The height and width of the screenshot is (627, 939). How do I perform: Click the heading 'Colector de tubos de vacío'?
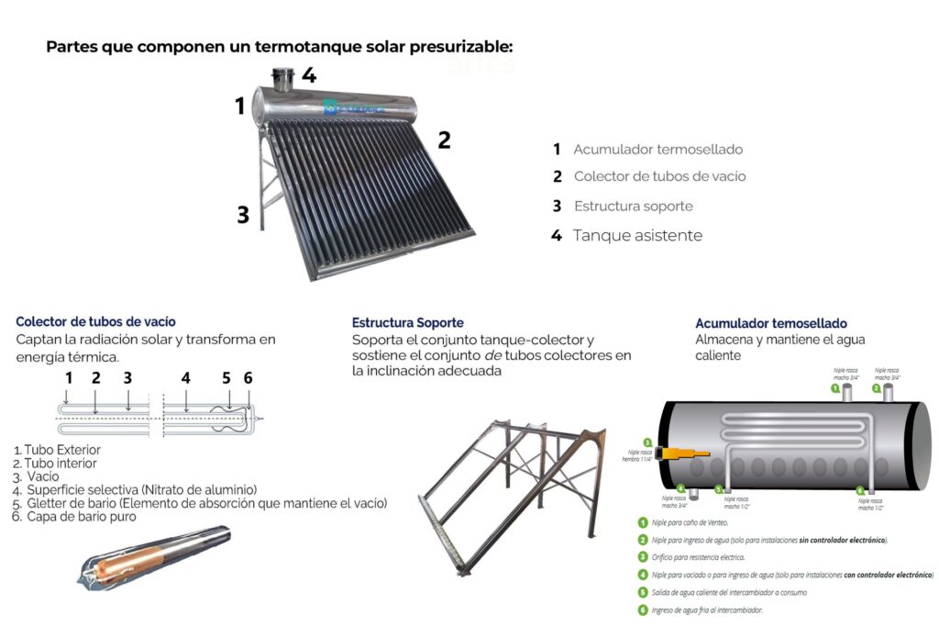coord(95,321)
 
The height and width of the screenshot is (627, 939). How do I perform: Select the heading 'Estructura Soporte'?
coord(407,322)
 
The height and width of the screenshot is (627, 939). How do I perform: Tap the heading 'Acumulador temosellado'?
coord(770,323)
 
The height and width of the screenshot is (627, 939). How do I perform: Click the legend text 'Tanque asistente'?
coord(637,236)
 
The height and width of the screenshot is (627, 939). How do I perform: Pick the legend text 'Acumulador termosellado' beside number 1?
coord(657,149)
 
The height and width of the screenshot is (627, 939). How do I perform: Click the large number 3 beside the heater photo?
coord(243,215)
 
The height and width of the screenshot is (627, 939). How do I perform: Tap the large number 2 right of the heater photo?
coord(444,140)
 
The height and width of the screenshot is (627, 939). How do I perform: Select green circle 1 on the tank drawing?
coord(835,388)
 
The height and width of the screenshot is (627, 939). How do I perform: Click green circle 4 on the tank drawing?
coord(681,489)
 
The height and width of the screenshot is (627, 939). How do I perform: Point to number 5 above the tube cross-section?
coord(226,377)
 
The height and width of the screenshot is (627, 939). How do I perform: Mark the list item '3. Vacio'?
coord(37,476)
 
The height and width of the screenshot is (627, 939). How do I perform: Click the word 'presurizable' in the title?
coord(449,46)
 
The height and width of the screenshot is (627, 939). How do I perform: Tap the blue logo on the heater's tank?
coord(352,108)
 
